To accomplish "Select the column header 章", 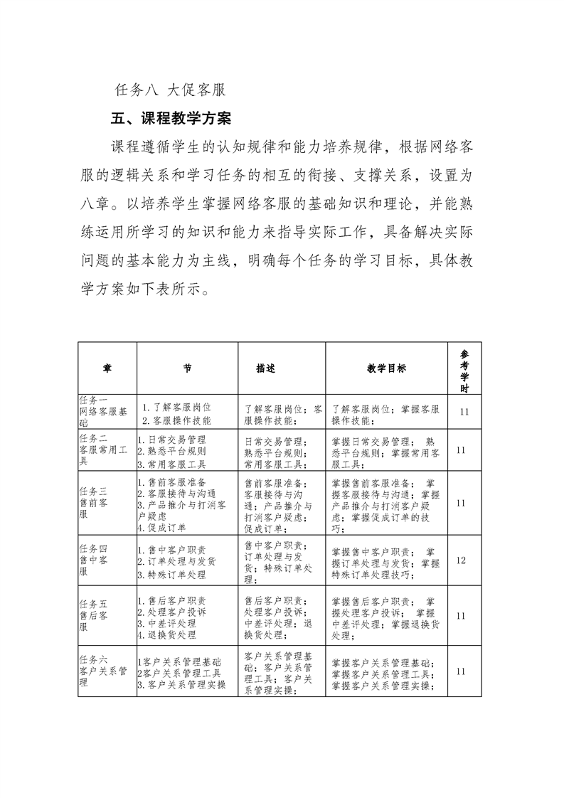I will (x=107, y=368).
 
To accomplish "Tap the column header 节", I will (x=186, y=368).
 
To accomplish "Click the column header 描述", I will (x=266, y=368).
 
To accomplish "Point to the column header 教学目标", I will (x=386, y=368).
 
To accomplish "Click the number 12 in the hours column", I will (x=461, y=560).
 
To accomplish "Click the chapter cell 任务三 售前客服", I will (x=96, y=503).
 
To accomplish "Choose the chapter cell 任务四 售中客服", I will (x=96, y=560).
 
